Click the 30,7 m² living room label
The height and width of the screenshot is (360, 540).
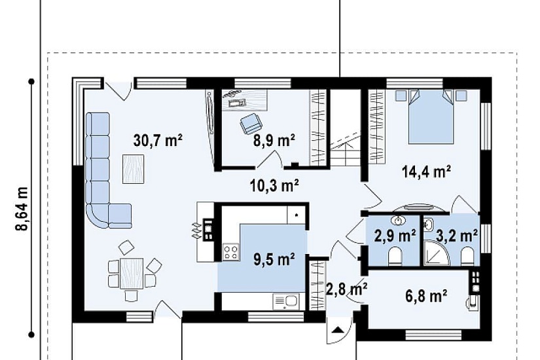158,141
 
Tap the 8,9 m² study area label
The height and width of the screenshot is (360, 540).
274,140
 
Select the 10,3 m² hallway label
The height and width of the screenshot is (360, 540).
274,185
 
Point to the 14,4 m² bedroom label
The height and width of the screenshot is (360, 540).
427,171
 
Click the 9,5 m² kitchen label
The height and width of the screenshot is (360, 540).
274,259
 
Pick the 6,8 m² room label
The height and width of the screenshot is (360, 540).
426,296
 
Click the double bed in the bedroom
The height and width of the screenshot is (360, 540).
431,117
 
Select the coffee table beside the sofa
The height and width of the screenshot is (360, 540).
133,169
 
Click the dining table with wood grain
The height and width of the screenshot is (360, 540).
132,274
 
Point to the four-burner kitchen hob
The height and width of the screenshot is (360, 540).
230,251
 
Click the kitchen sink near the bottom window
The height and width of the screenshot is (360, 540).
286,302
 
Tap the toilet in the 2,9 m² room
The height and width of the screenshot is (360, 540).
395,257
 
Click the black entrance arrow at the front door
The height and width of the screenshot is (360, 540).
338,330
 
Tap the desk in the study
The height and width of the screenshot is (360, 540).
245,100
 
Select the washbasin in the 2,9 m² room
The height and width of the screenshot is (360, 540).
399,220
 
